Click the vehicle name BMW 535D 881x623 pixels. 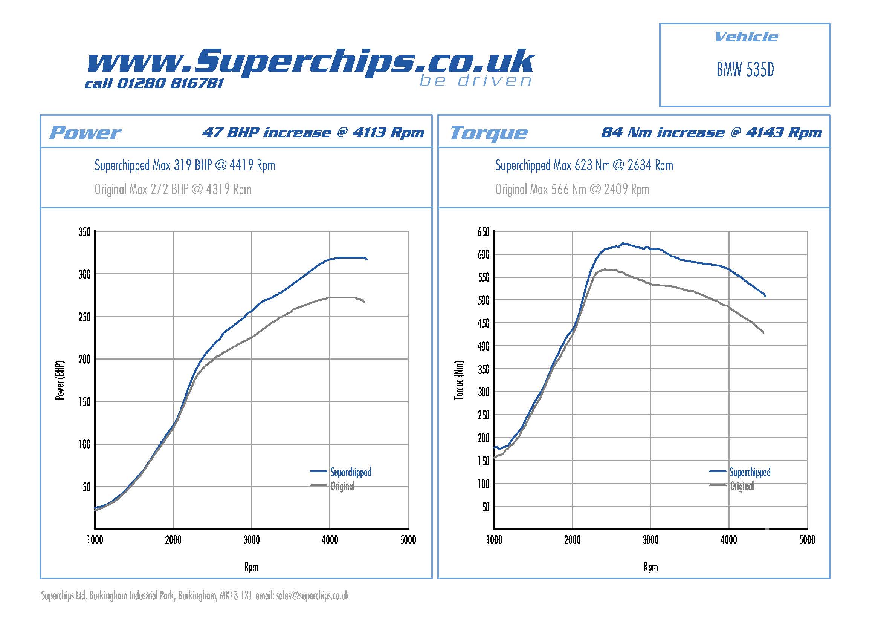(745, 69)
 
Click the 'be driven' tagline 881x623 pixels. (476, 81)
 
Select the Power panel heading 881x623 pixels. (85, 133)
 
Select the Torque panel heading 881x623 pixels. (489, 133)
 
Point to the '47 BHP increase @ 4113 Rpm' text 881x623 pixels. (313, 132)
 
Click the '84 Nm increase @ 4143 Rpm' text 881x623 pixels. (712, 132)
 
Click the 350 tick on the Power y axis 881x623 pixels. (85, 232)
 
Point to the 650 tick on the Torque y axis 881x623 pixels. (484, 232)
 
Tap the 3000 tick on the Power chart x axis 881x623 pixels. (251, 540)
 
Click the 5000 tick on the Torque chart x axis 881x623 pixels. (807, 540)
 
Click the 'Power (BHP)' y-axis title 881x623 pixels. (60, 380)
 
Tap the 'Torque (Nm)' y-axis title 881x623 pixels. (459, 380)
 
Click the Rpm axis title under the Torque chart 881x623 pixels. (650, 566)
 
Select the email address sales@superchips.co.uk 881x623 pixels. (312, 595)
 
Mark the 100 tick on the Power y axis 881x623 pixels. (85, 444)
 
